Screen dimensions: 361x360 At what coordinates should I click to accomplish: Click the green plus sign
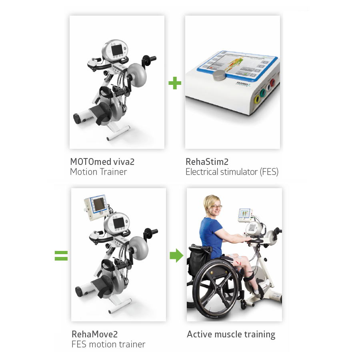tap(175, 83)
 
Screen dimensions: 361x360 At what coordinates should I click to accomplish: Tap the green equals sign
tap(61, 256)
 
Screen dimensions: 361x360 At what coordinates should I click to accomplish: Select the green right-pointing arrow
tap(176, 255)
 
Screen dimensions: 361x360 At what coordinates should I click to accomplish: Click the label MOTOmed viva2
tap(102, 162)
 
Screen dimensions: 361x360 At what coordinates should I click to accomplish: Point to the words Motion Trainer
tap(98, 172)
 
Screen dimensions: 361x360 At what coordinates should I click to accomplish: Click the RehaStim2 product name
tap(207, 162)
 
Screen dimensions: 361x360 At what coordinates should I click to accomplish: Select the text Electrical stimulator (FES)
tap(232, 172)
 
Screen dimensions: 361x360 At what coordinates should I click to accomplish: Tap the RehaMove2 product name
tap(95, 334)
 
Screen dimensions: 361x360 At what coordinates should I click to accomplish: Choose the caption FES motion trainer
tap(108, 344)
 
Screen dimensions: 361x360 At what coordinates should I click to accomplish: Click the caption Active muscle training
tap(231, 334)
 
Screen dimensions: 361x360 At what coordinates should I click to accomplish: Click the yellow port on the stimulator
tap(257, 98)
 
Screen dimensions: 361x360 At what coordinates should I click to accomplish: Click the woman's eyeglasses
tap(216, 207)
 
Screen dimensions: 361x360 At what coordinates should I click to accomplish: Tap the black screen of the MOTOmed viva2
tap(118, 50)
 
